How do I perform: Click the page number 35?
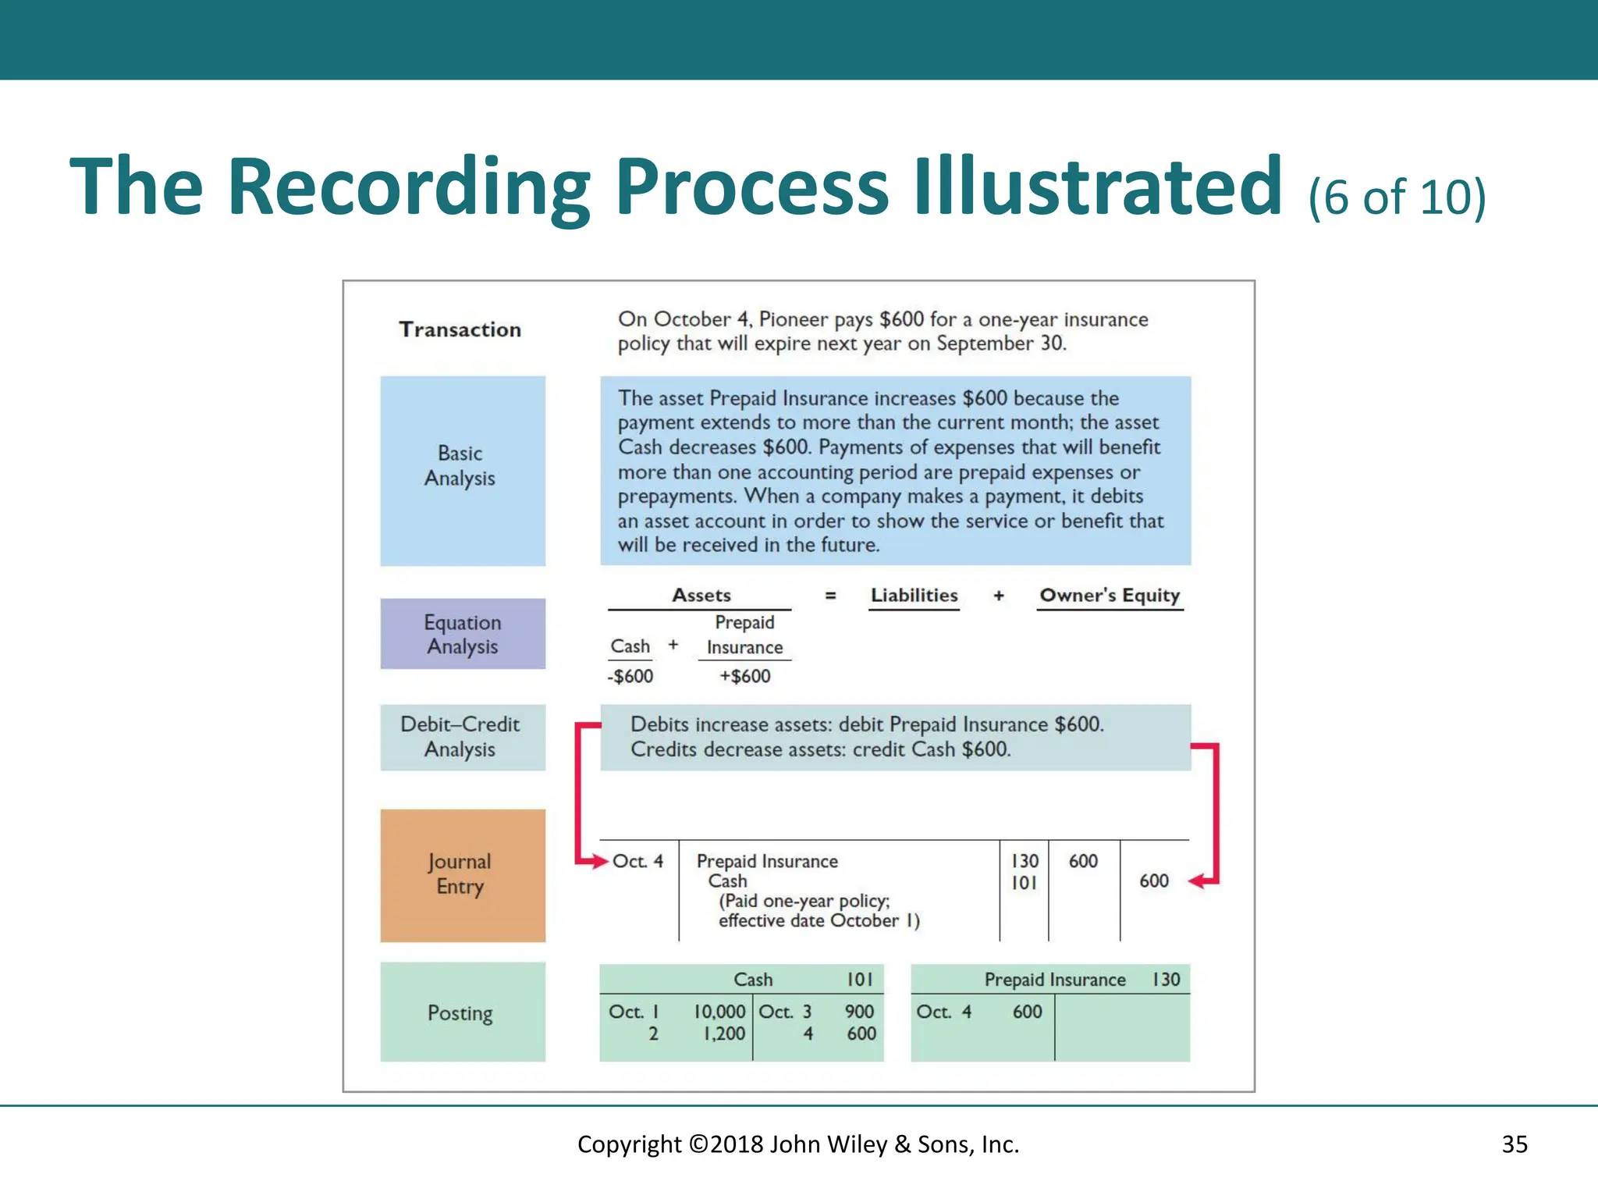(x=1514, y=1144)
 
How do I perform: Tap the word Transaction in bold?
(x=460, y=329)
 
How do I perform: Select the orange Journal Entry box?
(x=463, y=875)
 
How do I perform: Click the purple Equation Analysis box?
(x=463, y=634)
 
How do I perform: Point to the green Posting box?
(x=463, y=1012)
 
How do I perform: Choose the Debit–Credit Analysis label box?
(x=463, y=737)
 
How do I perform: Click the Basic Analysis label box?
(x=463, y=471)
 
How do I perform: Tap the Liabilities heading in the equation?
(x=914, y=596)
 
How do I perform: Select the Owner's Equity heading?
(x=1110, y=596)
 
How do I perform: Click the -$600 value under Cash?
(x=630, y=676)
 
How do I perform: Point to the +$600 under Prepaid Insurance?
(x=744, y=676)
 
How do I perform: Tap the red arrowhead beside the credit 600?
(x=1197, y=881)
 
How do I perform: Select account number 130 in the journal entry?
(x=1024, y=861)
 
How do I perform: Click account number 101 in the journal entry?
(x=1024, y=883)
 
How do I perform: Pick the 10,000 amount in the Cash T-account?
(x=719, y=1012)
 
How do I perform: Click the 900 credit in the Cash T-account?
(x=859, y=1012)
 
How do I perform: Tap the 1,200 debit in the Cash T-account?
(x=723, y=1034)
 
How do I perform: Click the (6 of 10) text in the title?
(x=1397, y=197)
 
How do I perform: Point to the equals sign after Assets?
(x=830, y=596)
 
